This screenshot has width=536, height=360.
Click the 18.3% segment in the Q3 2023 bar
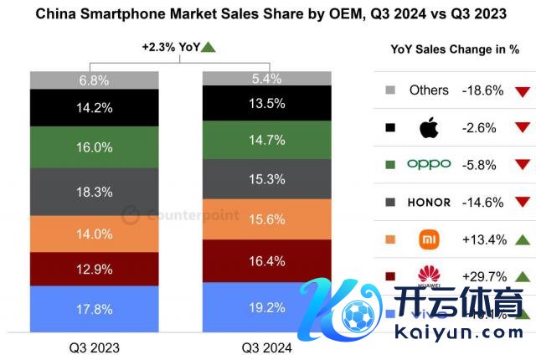pyautogui.click(x=94, y=192)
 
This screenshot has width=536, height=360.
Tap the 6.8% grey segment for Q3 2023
pyautogui.click(x=94, y=80)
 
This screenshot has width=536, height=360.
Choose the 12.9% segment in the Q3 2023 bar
pyautogui.click(x=94, y=269)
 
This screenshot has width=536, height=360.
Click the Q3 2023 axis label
pyautogui.click(x=94, y=347)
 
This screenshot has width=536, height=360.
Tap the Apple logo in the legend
pyautogui.click(x=429, y=128)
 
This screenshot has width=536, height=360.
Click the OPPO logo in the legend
pyautogui.click(x=429, y=165)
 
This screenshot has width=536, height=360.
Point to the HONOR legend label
pyautogui.click(x=429, y=202)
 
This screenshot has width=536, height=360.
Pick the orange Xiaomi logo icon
pyautogui.click(x=429, y=239)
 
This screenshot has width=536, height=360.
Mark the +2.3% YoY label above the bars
pyautogui.click(x=171, y=48)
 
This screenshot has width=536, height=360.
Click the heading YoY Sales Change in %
pyautogui.click(x=455, y=49)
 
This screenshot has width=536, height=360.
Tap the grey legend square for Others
pyautogui.click(x=389, y=90)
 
